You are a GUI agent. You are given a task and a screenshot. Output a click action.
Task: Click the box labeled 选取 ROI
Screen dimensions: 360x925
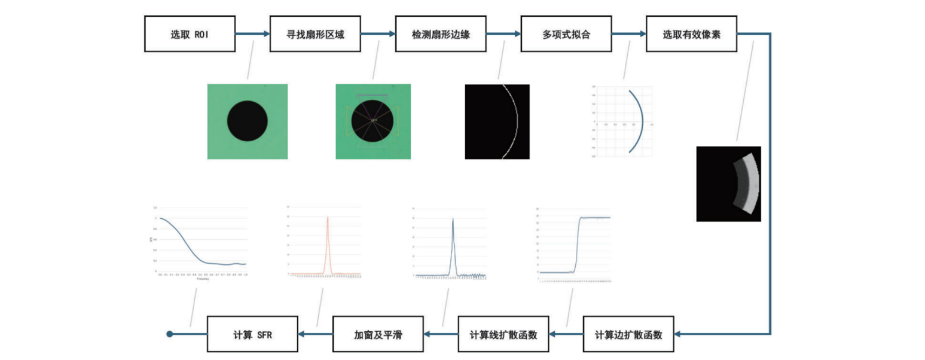click(189, 34)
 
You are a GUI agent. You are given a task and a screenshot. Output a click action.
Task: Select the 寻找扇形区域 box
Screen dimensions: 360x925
click(315, 34)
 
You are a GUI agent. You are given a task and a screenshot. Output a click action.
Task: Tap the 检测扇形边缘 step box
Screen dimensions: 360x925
click(440, 34)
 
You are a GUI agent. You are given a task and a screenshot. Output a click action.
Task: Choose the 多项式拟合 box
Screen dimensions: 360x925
click(566, 34)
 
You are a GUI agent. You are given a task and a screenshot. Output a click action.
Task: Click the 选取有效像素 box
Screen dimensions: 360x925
click(691, 34)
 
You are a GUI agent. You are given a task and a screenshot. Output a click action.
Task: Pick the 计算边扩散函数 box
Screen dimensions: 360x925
click(628, 334)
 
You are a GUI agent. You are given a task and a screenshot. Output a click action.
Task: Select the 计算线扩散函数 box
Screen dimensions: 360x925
click(503, 334)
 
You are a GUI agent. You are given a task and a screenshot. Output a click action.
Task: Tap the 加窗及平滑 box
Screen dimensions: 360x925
click(377, 334)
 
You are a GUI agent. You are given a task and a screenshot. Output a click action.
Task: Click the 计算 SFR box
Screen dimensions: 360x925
click(252, 334)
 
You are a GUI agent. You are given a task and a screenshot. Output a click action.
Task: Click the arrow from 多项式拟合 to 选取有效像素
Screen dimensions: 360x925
click(628, 34)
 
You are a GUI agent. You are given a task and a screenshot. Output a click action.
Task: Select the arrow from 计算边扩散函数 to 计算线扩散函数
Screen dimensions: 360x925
click(566, 334)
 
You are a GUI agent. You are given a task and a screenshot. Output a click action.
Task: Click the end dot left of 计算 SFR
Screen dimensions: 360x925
click(170, 334)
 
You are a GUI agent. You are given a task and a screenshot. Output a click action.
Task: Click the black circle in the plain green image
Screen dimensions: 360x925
click(248, 121)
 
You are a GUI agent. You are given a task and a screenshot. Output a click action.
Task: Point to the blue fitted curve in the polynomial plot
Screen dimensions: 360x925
click(641, 121)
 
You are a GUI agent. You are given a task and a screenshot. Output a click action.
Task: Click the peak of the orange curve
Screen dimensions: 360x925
click(328, 218)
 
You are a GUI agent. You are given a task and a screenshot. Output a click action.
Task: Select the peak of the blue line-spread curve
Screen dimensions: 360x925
click(453, 219)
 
